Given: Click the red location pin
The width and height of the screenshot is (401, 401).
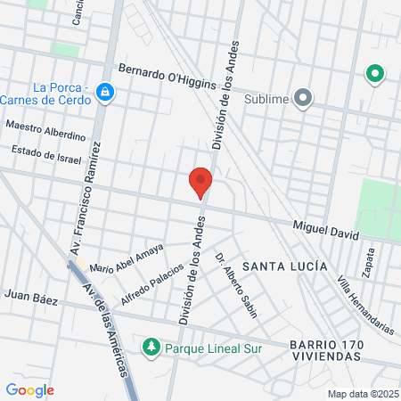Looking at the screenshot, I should point(200,183).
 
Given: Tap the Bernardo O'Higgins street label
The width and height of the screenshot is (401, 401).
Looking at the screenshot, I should point(168,77).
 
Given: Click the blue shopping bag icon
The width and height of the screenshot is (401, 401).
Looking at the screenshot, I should point(105,93).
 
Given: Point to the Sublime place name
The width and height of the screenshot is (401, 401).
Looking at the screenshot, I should point(266,99).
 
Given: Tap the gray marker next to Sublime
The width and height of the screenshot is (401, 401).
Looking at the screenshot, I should point(304,98).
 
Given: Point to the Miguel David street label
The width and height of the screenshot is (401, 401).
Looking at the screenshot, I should point(325,230).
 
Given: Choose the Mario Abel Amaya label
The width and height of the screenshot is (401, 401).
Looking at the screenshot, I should point(127,259).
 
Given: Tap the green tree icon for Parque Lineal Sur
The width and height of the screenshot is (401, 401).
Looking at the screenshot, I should point(151,347).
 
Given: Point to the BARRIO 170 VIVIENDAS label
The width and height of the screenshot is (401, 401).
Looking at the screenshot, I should point(325,350).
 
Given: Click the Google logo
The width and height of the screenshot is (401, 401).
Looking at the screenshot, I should point(30,389).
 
